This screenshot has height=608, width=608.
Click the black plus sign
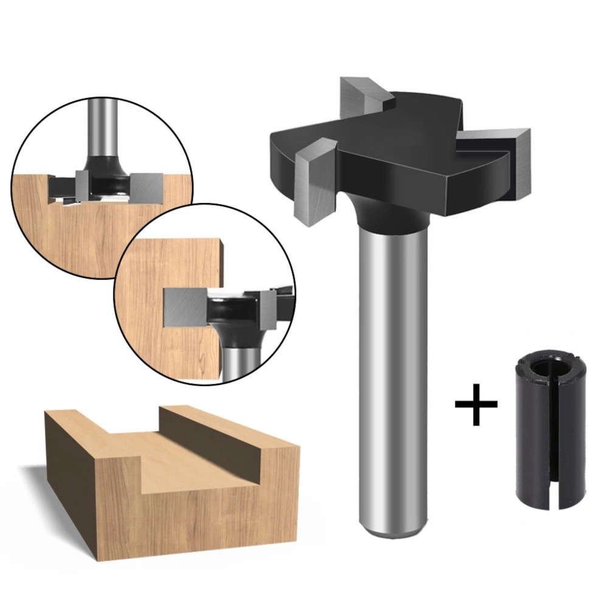pyautogui.click(x=476, y=404)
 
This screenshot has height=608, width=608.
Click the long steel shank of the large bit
pyautogui.click(x=393, y=365)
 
